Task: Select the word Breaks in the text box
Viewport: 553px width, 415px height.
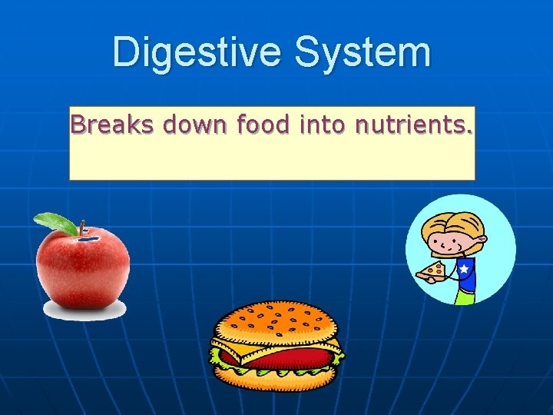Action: click(102, 124)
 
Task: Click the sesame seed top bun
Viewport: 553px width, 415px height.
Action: click(276, 323)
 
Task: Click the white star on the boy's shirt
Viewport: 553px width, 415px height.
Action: click(463, 269)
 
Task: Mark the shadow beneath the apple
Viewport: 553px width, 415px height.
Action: click(84, 310)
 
